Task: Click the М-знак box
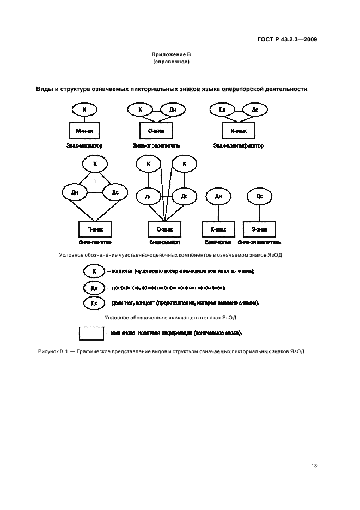tap(84, 131)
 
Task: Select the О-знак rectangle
tap(156, 131)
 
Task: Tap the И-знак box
tap(239, 131)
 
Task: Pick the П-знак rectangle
tap(95, 229)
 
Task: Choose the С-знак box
tap(164, 229)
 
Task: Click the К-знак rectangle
tap(218, 229)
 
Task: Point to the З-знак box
tap(259, 229)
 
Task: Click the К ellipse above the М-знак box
tap(84, 110)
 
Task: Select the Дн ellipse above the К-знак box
tap(218, 196)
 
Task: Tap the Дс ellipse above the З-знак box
tap(259, 196)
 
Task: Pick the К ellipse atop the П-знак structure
tap(95, 163)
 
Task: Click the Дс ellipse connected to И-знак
tap(254, 110)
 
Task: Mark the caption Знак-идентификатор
tap(238, 146)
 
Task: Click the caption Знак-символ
tap(164, 242)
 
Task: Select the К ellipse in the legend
tap(94, 271)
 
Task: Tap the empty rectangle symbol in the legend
tap(91, 332)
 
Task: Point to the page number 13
tap(314, 466)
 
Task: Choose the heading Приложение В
tap(171, 54)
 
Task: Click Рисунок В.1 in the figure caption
tap(53, 351)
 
